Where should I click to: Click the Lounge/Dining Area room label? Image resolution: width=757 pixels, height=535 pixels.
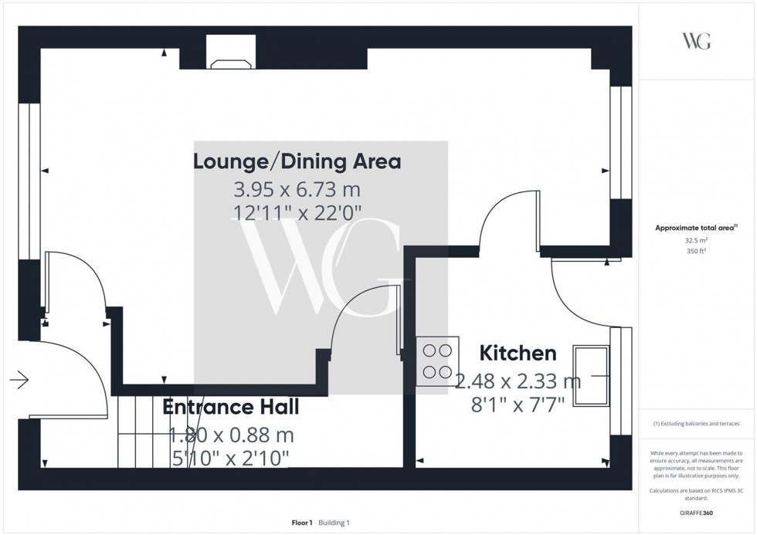point(297,162)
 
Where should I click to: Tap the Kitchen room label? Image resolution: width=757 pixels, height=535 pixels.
point(518,354)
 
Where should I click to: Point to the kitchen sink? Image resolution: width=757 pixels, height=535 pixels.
point(590,376)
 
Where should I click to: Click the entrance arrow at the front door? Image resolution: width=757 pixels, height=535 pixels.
point(19,380)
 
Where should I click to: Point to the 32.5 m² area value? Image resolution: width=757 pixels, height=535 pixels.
point(697,240)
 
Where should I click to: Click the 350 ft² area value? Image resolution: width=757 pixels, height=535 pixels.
point(697,251)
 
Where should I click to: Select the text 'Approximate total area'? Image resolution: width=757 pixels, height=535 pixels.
point(695,228)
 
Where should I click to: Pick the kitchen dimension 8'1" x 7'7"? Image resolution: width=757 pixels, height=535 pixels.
point(518,402)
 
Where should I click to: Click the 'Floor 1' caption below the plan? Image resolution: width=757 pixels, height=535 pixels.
point(301,523)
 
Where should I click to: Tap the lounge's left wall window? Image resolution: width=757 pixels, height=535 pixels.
point(29,181)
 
